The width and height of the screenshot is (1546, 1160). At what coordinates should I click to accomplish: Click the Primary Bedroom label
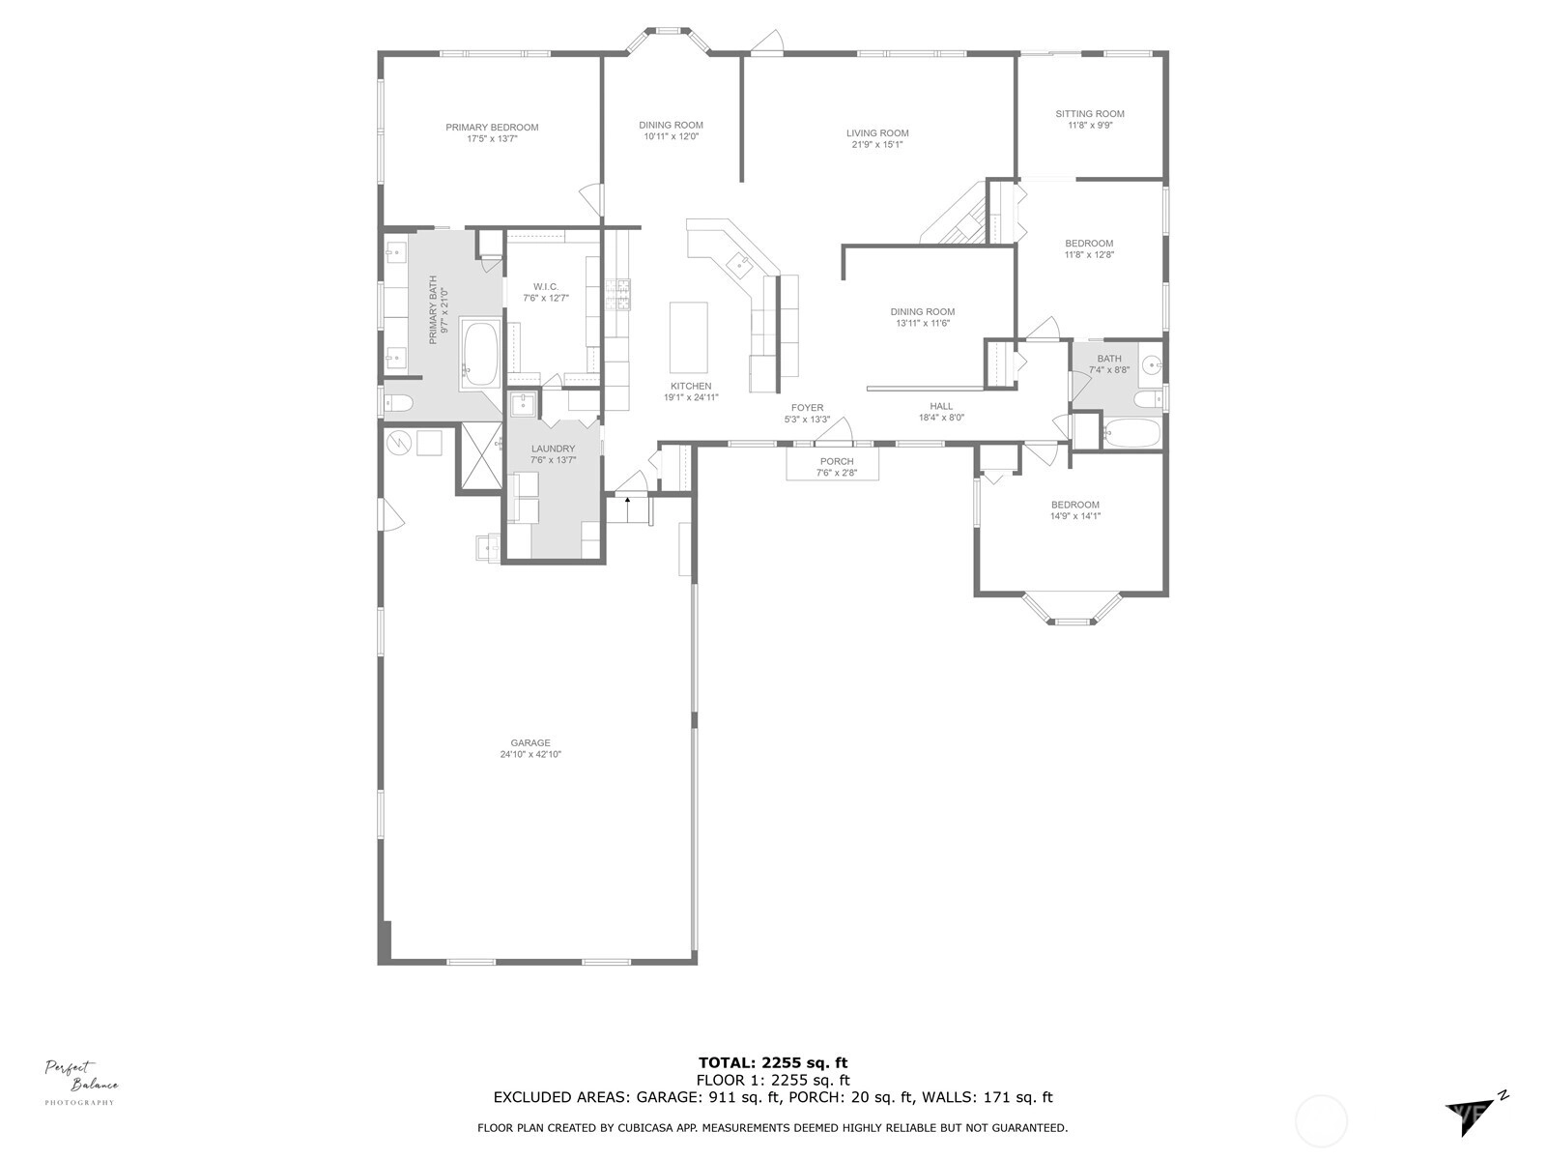pos(492,128)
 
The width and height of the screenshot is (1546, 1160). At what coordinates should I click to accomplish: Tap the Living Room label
pos(877,133)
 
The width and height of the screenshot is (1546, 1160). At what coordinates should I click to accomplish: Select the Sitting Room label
pos(1090,114)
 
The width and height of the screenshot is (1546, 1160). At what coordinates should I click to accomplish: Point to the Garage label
pos(530,743)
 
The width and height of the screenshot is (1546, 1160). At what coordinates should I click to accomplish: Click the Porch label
pos(836,462)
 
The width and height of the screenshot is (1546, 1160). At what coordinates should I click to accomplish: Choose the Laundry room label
pos(553,449)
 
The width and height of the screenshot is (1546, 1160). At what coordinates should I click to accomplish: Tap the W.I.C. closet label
pos(546,287)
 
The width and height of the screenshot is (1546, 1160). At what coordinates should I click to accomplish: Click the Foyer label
pos(807,408)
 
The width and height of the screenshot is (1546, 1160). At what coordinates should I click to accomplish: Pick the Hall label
pos(941,406)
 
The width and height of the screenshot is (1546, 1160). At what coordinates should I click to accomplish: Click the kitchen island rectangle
pos(688,337)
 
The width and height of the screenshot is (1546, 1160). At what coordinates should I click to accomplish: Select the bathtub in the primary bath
pos(480,354)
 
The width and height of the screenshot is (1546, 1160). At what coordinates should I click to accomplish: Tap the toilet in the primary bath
pos(399,403)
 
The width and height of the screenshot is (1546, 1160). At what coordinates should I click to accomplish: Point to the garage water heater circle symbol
pos(399,444)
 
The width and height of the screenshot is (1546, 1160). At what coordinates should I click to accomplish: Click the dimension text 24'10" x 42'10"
pos(530,754)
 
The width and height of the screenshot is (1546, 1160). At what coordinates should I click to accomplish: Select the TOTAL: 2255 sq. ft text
pos(773,1062)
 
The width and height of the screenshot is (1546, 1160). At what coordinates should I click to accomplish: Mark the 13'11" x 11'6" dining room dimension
pos(922,323)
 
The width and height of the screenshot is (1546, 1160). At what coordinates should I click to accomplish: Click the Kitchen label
pos(691,386)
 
